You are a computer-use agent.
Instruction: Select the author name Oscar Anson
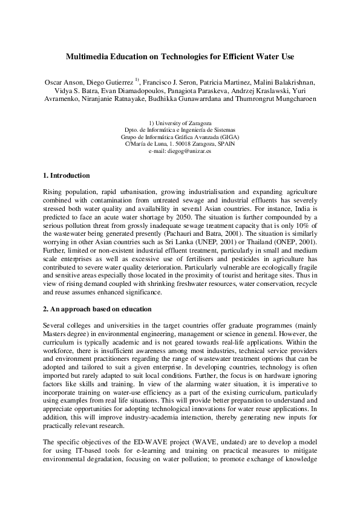click(x=64, y=82)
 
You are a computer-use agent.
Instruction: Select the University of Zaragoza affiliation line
click(x=180, y=123)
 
